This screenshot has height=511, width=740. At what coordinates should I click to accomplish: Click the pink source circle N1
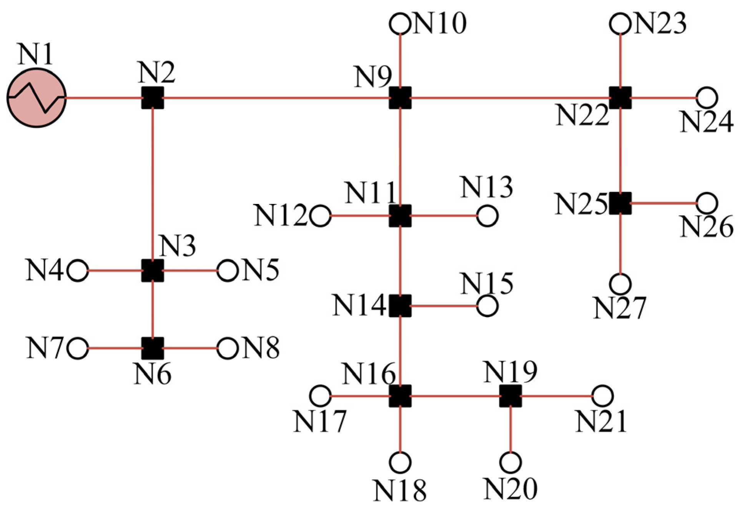tap(37, 98)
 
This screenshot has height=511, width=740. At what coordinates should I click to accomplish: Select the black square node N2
tap(153, 98)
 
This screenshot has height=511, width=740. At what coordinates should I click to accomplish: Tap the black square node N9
tap(400, 98)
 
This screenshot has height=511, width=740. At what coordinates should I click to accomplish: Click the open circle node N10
tap(400, 24)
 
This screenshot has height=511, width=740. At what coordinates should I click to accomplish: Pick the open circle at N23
tap(620, 24)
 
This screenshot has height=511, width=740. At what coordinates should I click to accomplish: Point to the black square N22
tap(620, 98)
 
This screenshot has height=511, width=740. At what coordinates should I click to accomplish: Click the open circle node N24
tap(707, 98)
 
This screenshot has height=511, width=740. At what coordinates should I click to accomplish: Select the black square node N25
tap(620, 203)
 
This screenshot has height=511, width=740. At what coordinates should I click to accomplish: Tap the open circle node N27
tap(620, 284)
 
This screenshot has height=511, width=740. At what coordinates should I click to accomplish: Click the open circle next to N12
tap(321, 216)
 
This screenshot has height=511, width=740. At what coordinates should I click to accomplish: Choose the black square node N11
tap(400, 216)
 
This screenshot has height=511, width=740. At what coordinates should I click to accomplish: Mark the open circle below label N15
tap(487, 306)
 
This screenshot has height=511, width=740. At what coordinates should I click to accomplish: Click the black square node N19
tap(511, 396)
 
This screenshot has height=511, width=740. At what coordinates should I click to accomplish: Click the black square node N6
tap(153, 349)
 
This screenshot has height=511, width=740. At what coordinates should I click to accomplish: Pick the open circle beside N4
tap(78, 271)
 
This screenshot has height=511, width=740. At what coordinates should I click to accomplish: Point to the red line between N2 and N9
tap(277, 98)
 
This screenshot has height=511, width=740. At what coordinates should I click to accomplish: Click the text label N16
tap(368, 374)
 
